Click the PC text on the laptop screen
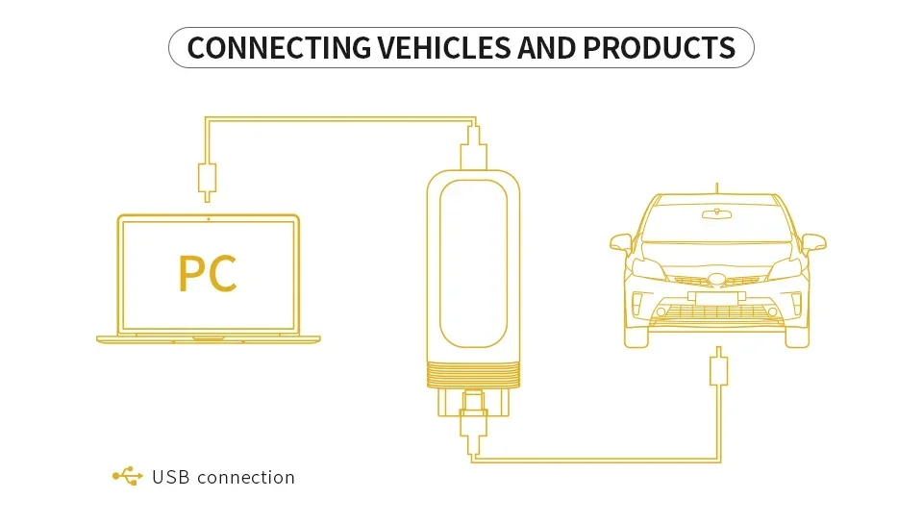pyautogui.click(x=207, y=274)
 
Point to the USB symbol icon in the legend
pyautogui.click(x=127, y=477)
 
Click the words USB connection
pyautogui.click(x=223, y=477)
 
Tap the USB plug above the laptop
pyautogui.click(x=207, y=178)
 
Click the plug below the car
pyautogui.click(x=717, y=371)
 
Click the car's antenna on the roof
pyautogui.click(x=716, y=187)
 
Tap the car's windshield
pyautogui.click(x=716, y=227)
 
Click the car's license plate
pyautogui.click(x=716, y=297)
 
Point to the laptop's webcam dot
pyautogui.click(x=208, y=219)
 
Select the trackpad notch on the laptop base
pyautogui.click(x=208, y=338)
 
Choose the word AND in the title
pyautogui.click(x=547, y=47)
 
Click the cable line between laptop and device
pyautogui.click(x=337, y=119)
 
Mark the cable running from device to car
pyautogui.click(x=596, y=461)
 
